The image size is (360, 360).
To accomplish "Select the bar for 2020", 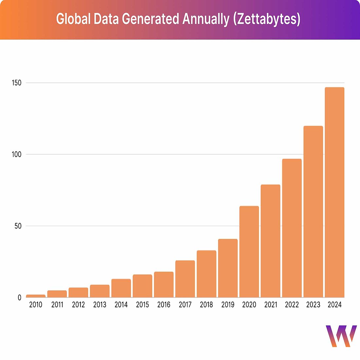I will (249, 252).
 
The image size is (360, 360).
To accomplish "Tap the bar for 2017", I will (185, 279).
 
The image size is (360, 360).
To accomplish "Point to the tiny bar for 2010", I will (36, 296).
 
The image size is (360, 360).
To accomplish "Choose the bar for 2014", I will (121, 288).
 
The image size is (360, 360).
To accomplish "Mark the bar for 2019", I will (228, 268).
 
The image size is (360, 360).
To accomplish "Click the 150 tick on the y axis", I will (17, 83).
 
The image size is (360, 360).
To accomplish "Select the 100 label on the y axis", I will (17, 154).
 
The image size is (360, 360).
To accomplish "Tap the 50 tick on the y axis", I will (18, 226).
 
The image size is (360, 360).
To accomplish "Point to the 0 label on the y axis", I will (20, 298).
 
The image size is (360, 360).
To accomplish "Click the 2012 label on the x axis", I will (79, 305).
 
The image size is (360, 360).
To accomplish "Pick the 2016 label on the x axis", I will (164, 305).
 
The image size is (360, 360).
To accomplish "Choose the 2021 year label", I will (271, 305).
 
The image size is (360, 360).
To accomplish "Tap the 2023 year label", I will (313, 305).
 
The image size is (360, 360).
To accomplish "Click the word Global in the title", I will (73, 19).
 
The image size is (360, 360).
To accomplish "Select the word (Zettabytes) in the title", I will (267, 19).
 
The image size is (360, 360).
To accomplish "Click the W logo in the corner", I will (341, 336).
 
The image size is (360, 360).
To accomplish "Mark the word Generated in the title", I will (151, 19).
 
